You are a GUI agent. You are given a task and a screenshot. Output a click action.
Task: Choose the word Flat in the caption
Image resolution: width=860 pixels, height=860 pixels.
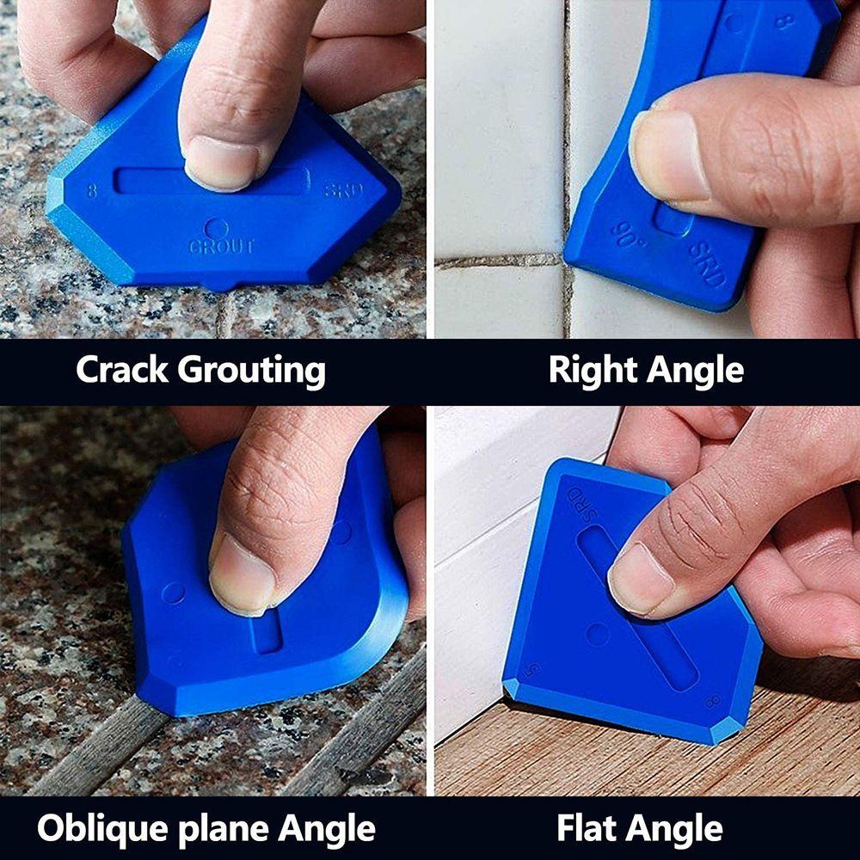pyautogui.click(x=591, y=830)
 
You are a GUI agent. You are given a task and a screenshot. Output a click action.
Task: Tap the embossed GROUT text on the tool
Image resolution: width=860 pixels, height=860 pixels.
pyautogui.click(x=221, y=247)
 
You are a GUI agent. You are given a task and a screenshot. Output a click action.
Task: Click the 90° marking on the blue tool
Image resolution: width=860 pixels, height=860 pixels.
pyautogui.click(x=629, y=235)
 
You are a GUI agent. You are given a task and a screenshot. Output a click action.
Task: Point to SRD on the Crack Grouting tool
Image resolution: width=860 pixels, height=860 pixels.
pyautogui.click(x=343, y=189)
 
